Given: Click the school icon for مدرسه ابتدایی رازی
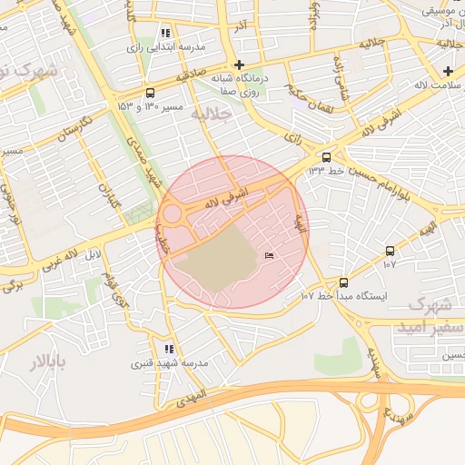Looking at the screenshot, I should [x=165, y=33].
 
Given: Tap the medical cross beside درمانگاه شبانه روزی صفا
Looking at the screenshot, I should [x=239, y=64].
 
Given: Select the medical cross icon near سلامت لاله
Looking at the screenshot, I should [x=448, y=71].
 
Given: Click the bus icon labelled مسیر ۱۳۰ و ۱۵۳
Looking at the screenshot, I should [x=150, y=92].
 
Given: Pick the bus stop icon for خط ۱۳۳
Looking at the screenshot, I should [x=327, y=156].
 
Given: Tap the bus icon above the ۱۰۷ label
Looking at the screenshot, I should [x=391, y=251].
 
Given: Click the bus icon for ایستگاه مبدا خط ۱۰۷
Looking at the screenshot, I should [x=343, y=282].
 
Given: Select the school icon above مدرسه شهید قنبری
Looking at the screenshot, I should [x=169, y=349].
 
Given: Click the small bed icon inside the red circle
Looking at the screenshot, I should [x=269, y=258].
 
